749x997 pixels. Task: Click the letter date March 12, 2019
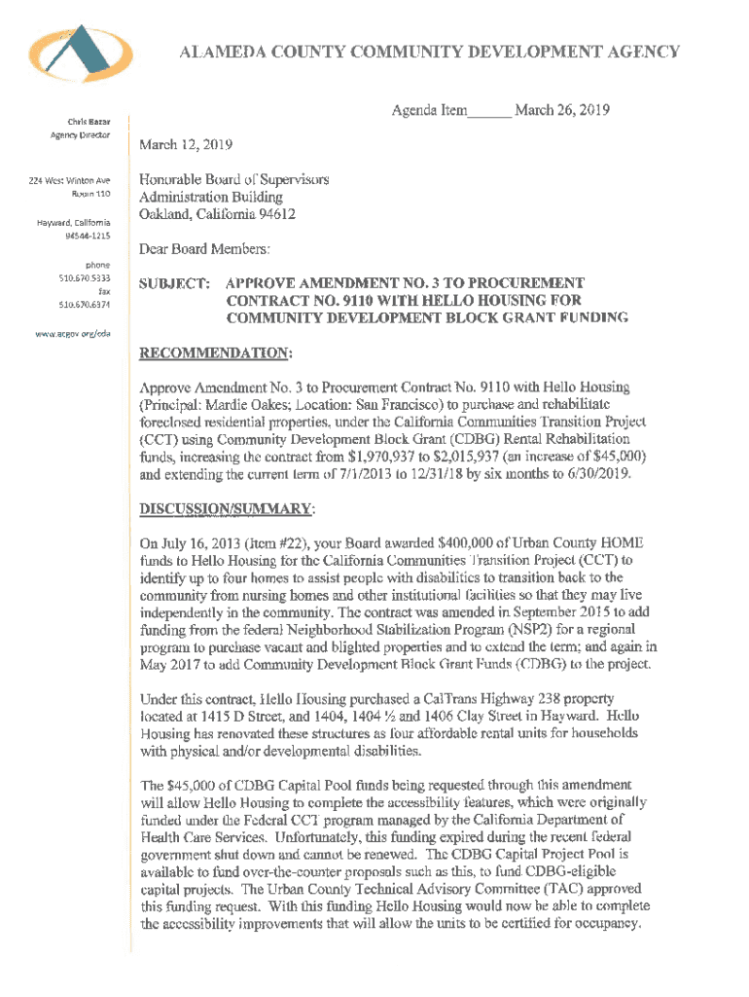[186, 145]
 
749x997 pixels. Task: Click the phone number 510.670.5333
[86, 277]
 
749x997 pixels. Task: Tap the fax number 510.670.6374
[86, 304]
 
